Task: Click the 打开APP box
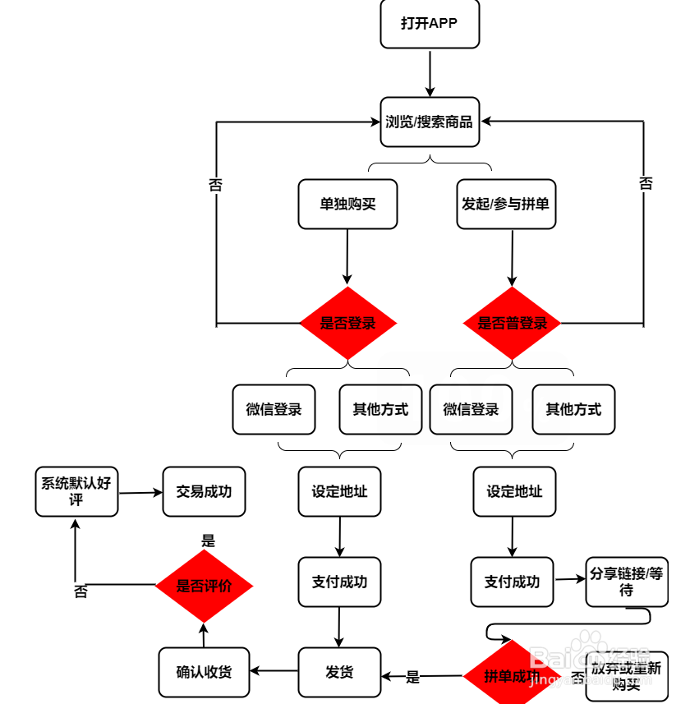(429, 24)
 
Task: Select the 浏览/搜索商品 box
(430, 122)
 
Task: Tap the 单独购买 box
(347, 204)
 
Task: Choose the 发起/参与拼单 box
(505, 204)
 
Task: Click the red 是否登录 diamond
(347, 323)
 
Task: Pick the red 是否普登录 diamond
(512, 323)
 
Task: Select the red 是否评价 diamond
(204, 587)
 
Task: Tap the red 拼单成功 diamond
(511, 676)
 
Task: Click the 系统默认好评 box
(76, 491)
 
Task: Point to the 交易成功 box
(204, 491)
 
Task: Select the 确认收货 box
(204, 672)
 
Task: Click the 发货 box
(339, 672)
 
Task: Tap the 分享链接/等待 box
(627, 582)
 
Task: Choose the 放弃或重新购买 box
(626, 676)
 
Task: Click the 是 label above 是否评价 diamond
(208, 541)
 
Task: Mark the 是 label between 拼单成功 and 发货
(412, 677)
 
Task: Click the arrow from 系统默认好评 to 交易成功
(140, 493)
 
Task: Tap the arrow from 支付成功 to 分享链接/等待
(569, 580)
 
